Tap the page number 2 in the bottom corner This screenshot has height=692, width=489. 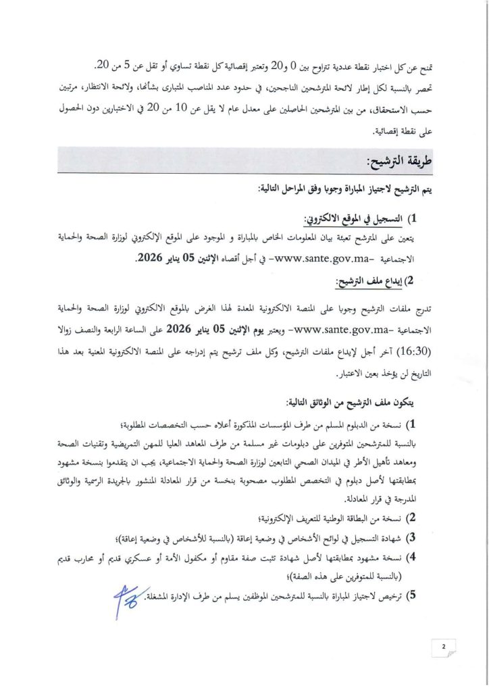pyautogui.click(x=444, y=647)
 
